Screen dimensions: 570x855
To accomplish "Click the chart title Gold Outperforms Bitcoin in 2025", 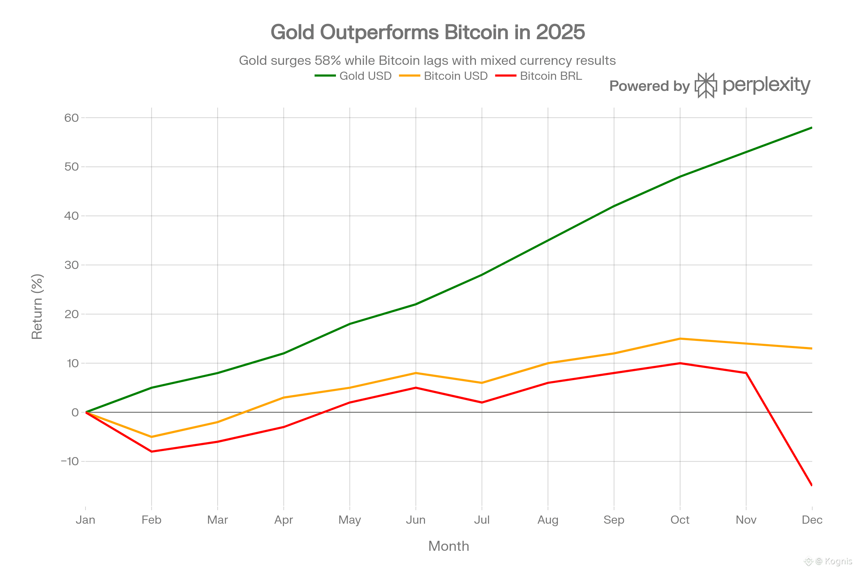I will (427, 32).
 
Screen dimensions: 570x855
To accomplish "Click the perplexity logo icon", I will (706, 86).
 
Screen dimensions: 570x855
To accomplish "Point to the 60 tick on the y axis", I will (72, 118).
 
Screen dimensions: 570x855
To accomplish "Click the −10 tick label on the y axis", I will (70, 461).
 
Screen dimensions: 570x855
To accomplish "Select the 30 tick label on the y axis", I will (72, 265).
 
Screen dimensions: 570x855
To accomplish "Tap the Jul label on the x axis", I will (482, 520).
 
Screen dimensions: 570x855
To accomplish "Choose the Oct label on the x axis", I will (680, 520).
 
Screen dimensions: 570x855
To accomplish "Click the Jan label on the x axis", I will (85, 520).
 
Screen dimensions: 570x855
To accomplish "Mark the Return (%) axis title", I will (37, 307).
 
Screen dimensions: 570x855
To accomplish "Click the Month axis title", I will (449, 546).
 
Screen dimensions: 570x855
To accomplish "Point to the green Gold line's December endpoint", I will (812, 128).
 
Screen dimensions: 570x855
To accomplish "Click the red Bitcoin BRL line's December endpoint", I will (812, 485).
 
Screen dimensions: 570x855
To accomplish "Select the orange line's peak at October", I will (680, 338).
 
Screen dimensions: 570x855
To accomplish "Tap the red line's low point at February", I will (152, 451).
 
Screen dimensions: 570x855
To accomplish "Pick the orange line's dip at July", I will (482, 383).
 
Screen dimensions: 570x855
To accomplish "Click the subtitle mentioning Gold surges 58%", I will (427, 60).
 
